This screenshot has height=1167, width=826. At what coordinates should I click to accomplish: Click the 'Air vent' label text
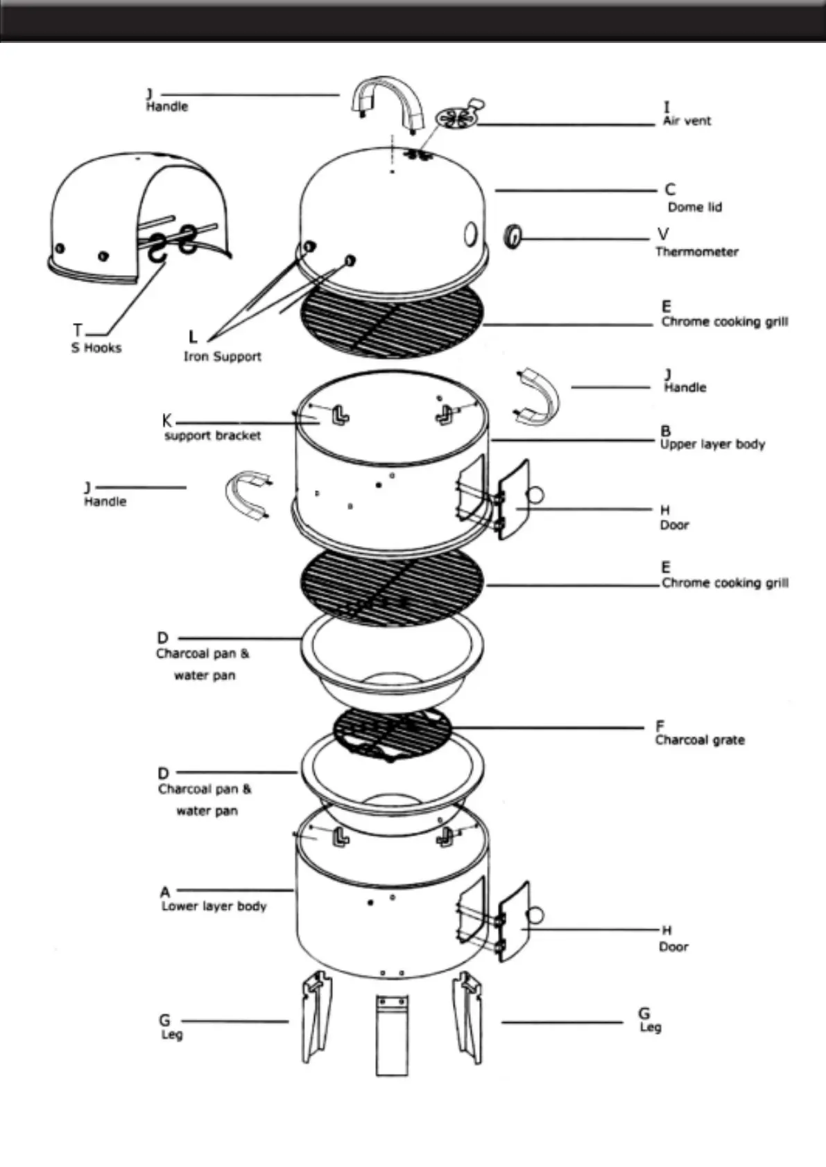pos(687,121)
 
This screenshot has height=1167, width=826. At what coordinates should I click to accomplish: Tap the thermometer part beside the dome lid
pos(513,236)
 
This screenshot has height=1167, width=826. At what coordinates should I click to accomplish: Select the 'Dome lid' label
pos(694,207)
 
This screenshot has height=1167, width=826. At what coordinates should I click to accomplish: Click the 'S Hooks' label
pos(96,347)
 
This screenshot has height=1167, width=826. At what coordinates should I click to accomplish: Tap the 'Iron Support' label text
pos(222,356)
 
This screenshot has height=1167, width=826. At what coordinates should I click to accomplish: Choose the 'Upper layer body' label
pos(712,444)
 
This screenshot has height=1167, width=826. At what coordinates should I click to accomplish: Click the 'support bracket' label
pos(213,436)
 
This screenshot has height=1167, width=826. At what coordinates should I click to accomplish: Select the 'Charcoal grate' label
pos(700,740)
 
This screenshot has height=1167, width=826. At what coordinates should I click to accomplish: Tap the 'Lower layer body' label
pos(214,906)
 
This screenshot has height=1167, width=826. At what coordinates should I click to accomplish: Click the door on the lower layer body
pos(514,922)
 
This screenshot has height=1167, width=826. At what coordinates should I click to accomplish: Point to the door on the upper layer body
pos(514,500)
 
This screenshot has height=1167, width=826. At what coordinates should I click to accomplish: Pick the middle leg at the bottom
pos(392,1035)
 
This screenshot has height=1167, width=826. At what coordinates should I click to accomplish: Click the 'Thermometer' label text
pos(697,252)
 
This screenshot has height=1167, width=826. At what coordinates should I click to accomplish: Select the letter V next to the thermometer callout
pos(663,234)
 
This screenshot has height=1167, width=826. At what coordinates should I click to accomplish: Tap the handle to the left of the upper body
pos(247,495)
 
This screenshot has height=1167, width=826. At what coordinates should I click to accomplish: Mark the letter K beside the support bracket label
pos(166,421)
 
